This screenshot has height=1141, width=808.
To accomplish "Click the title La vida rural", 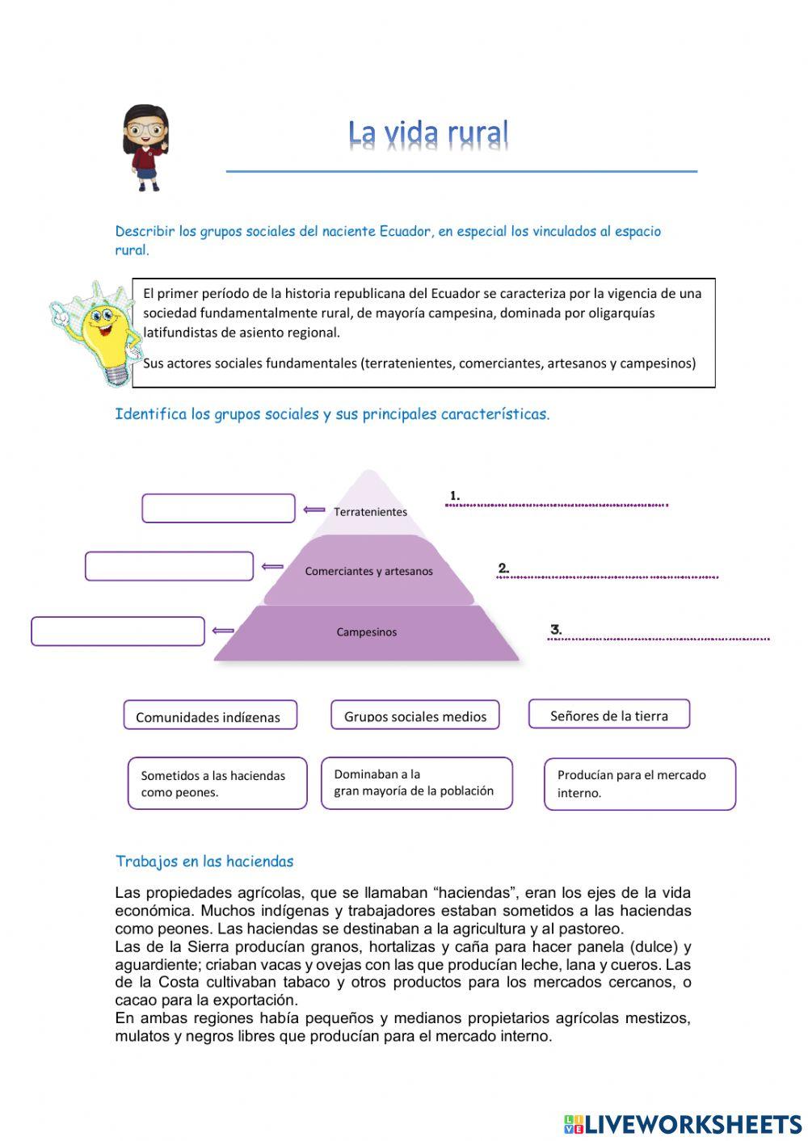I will point(428,133).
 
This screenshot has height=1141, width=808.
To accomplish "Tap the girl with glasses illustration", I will point(145,147).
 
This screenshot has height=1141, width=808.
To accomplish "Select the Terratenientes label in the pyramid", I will point(370,511).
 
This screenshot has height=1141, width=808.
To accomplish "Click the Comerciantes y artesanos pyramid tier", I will point(368,571).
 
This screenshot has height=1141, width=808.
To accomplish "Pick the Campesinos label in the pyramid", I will point(366,631).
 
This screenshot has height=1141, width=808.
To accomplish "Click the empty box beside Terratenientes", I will point(218,509).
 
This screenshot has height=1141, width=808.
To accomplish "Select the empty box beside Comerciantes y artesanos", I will point(169,566).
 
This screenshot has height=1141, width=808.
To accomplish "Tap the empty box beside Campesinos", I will point(118,631).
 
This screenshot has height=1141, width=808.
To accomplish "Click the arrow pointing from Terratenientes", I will point(314,510).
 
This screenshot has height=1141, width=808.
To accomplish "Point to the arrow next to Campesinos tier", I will point(223,631).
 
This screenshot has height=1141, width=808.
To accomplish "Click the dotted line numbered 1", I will point(558,505).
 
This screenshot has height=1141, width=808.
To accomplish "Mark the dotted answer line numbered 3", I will point(659,639).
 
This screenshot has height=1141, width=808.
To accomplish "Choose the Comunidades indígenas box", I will point(210,715).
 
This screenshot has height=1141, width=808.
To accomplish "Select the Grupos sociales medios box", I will point(415,715).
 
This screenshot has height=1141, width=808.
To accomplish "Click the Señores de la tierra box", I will point(609,715).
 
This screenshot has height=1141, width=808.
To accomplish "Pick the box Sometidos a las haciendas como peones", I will point(217,783).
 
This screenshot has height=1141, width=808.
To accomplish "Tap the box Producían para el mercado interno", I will point(639,784).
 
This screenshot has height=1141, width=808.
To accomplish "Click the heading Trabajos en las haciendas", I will point(204,861).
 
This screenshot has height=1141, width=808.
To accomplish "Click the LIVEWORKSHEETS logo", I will point(683,1124).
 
